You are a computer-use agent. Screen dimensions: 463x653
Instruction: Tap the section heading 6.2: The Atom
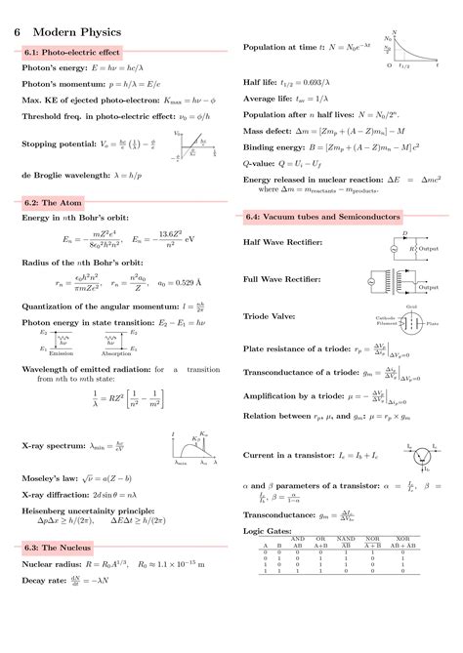click(55, 202)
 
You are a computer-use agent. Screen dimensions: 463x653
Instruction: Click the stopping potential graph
click(198, 146)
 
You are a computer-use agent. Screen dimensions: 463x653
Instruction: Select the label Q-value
click(261, 164)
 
